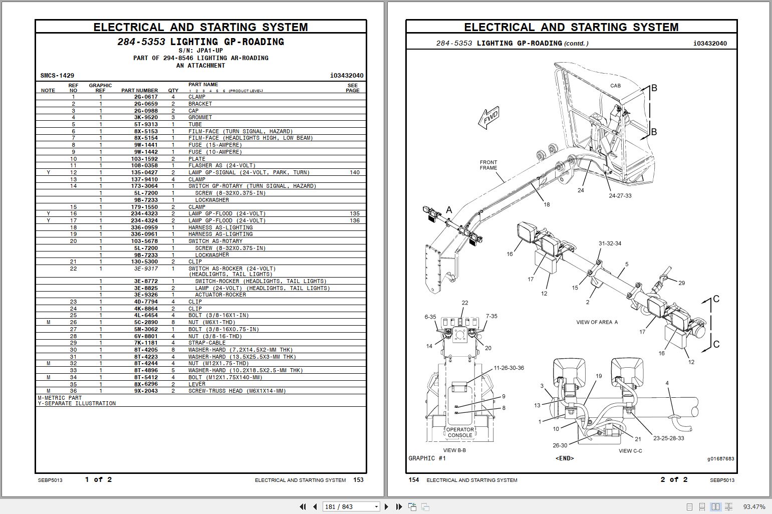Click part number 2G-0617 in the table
145,97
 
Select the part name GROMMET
200,117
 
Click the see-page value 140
354,172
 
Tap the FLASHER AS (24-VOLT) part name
221,165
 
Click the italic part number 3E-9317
145,269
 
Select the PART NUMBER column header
139,91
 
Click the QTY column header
173,91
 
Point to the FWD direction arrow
489,118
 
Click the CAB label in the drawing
615,86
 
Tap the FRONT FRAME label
488,165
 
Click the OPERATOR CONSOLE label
460,432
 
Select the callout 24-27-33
620,196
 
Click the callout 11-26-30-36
508,368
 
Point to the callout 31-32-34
610,243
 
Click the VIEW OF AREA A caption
597,322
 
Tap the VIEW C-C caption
630,451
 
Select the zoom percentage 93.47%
754,506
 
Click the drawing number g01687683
720,458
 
